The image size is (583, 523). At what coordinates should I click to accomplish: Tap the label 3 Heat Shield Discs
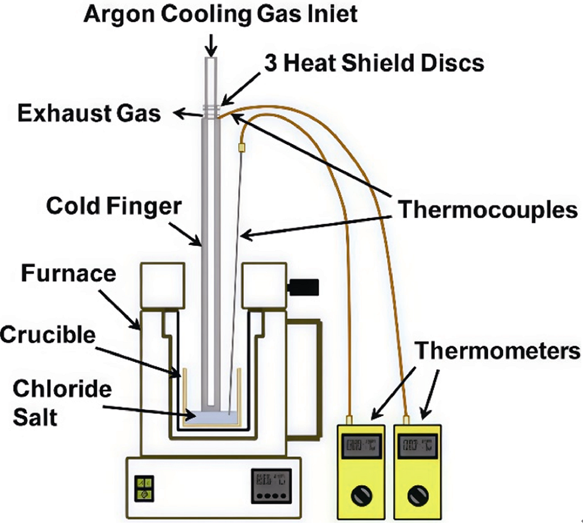pos(373,63)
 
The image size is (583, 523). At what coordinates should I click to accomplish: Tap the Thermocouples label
pos(487,210)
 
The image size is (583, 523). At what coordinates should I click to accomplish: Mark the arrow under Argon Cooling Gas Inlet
pos(211,42)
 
